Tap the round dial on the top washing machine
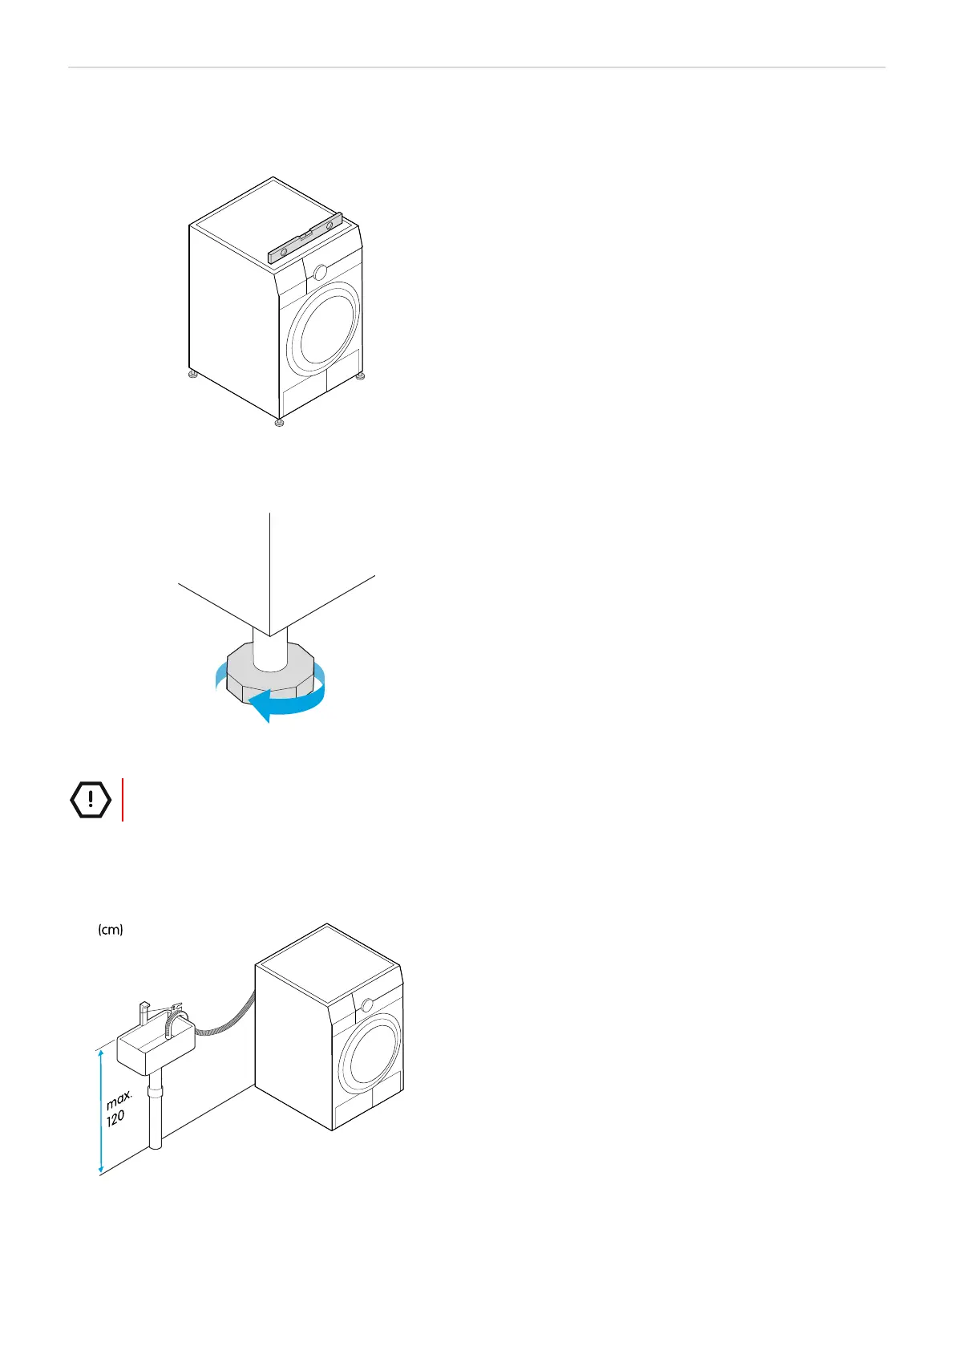point(321,272)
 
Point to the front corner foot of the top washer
point(278,422)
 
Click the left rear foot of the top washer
point(192,374)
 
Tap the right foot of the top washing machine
point(360,375)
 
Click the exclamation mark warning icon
point(91,799)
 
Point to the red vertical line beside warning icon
point(123,799)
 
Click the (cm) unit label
point(110,930)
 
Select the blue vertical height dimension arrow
point(101,1110)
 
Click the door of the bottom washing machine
point(370,1061)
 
